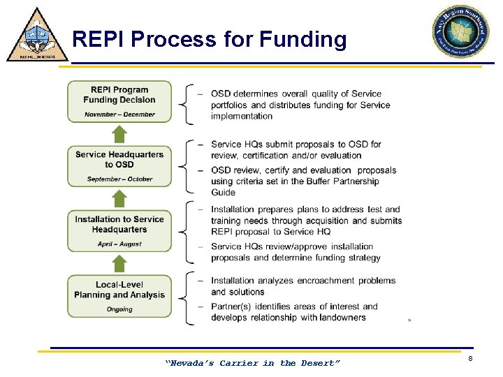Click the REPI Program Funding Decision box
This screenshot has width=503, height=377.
119,101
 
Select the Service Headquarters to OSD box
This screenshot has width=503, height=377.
119,165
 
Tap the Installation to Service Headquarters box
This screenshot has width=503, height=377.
119,230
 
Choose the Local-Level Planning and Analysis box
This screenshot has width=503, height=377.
119,296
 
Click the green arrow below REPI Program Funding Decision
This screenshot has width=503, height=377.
119,134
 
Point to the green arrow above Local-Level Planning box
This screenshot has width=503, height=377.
119,263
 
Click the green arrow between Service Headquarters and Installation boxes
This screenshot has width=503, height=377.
119,198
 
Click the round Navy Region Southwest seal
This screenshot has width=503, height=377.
460,32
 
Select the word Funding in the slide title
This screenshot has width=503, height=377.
302,39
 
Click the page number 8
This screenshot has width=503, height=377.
470,358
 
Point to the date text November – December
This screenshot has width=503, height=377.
119,114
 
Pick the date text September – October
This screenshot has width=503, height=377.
119,179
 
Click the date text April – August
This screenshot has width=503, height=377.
119,244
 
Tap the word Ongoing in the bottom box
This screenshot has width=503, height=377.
119,309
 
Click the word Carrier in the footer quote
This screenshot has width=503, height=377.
239,363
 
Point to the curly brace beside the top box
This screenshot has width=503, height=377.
184,104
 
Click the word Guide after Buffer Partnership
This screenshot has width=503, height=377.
224,193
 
